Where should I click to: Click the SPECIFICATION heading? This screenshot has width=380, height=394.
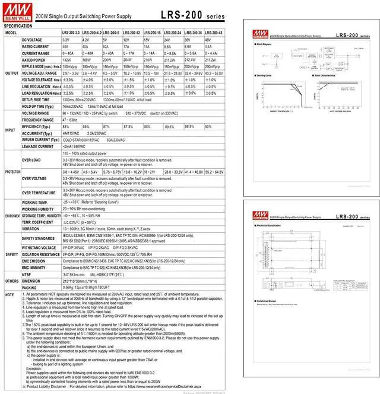[18, 26]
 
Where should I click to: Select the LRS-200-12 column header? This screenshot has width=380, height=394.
[132, 33]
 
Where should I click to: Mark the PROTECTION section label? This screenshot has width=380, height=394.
[12, 171]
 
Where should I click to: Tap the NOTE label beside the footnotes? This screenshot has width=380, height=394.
[9, 294]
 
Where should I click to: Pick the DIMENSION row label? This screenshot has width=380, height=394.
[32, 281]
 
